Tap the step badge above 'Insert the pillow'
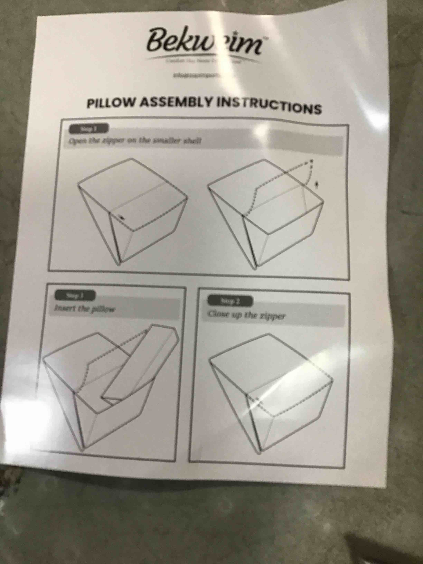click(75, 296)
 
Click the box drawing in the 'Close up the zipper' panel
click(270, 393)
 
